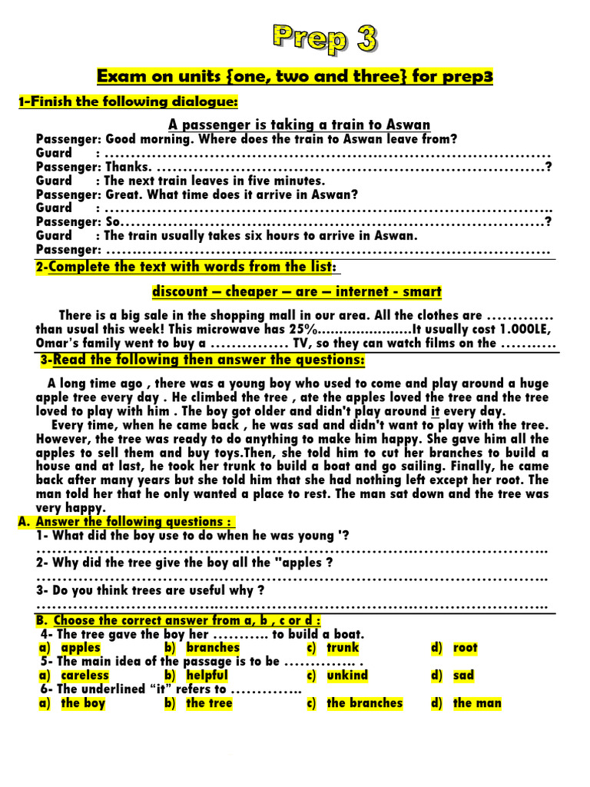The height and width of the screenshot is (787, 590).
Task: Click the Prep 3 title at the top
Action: point(324,38)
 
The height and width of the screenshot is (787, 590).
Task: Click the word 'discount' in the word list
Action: point(181,291)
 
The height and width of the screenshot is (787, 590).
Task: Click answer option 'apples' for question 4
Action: point(81,648)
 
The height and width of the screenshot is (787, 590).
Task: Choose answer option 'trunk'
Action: point(343,648)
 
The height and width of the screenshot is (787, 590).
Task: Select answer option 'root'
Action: point(465,648)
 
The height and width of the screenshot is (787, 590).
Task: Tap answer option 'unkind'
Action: point(347,676)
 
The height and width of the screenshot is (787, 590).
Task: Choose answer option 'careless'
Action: point(85,676)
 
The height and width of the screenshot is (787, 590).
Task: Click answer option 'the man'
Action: point(477,702)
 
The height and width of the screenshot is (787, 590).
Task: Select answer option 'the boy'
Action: point(83,702)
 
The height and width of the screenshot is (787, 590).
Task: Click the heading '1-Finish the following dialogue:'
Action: point(128,102)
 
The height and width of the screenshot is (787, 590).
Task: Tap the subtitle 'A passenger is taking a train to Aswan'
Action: point(300,125)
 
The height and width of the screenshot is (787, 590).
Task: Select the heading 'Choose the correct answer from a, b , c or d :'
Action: point(187,620)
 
